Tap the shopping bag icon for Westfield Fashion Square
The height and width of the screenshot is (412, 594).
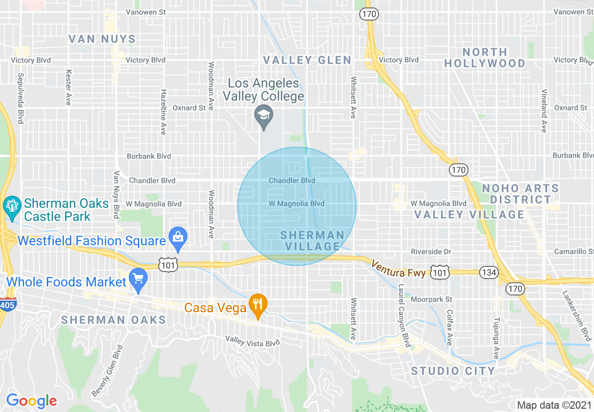tap(178, 236)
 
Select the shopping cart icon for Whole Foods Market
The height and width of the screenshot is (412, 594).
tap(138, 278)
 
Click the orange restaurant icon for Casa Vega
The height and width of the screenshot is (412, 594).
tap(258, 303)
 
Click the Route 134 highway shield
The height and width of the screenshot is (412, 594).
tap(489, 272)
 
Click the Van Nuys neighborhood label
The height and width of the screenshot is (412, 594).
tap(102, 39)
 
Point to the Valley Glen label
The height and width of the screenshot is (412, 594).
tap(307, 60)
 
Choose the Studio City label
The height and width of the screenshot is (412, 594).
tap(453, 371)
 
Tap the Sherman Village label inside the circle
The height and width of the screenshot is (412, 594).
tap(312, 240)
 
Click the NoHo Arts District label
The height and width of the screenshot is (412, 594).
tap(520, 194)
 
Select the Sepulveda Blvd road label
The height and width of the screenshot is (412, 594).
tap(20, 98)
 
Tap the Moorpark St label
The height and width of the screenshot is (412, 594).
tap(431, 299)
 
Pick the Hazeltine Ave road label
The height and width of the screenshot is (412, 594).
tap(163, 112)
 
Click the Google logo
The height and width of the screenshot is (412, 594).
tap(31, 401)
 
